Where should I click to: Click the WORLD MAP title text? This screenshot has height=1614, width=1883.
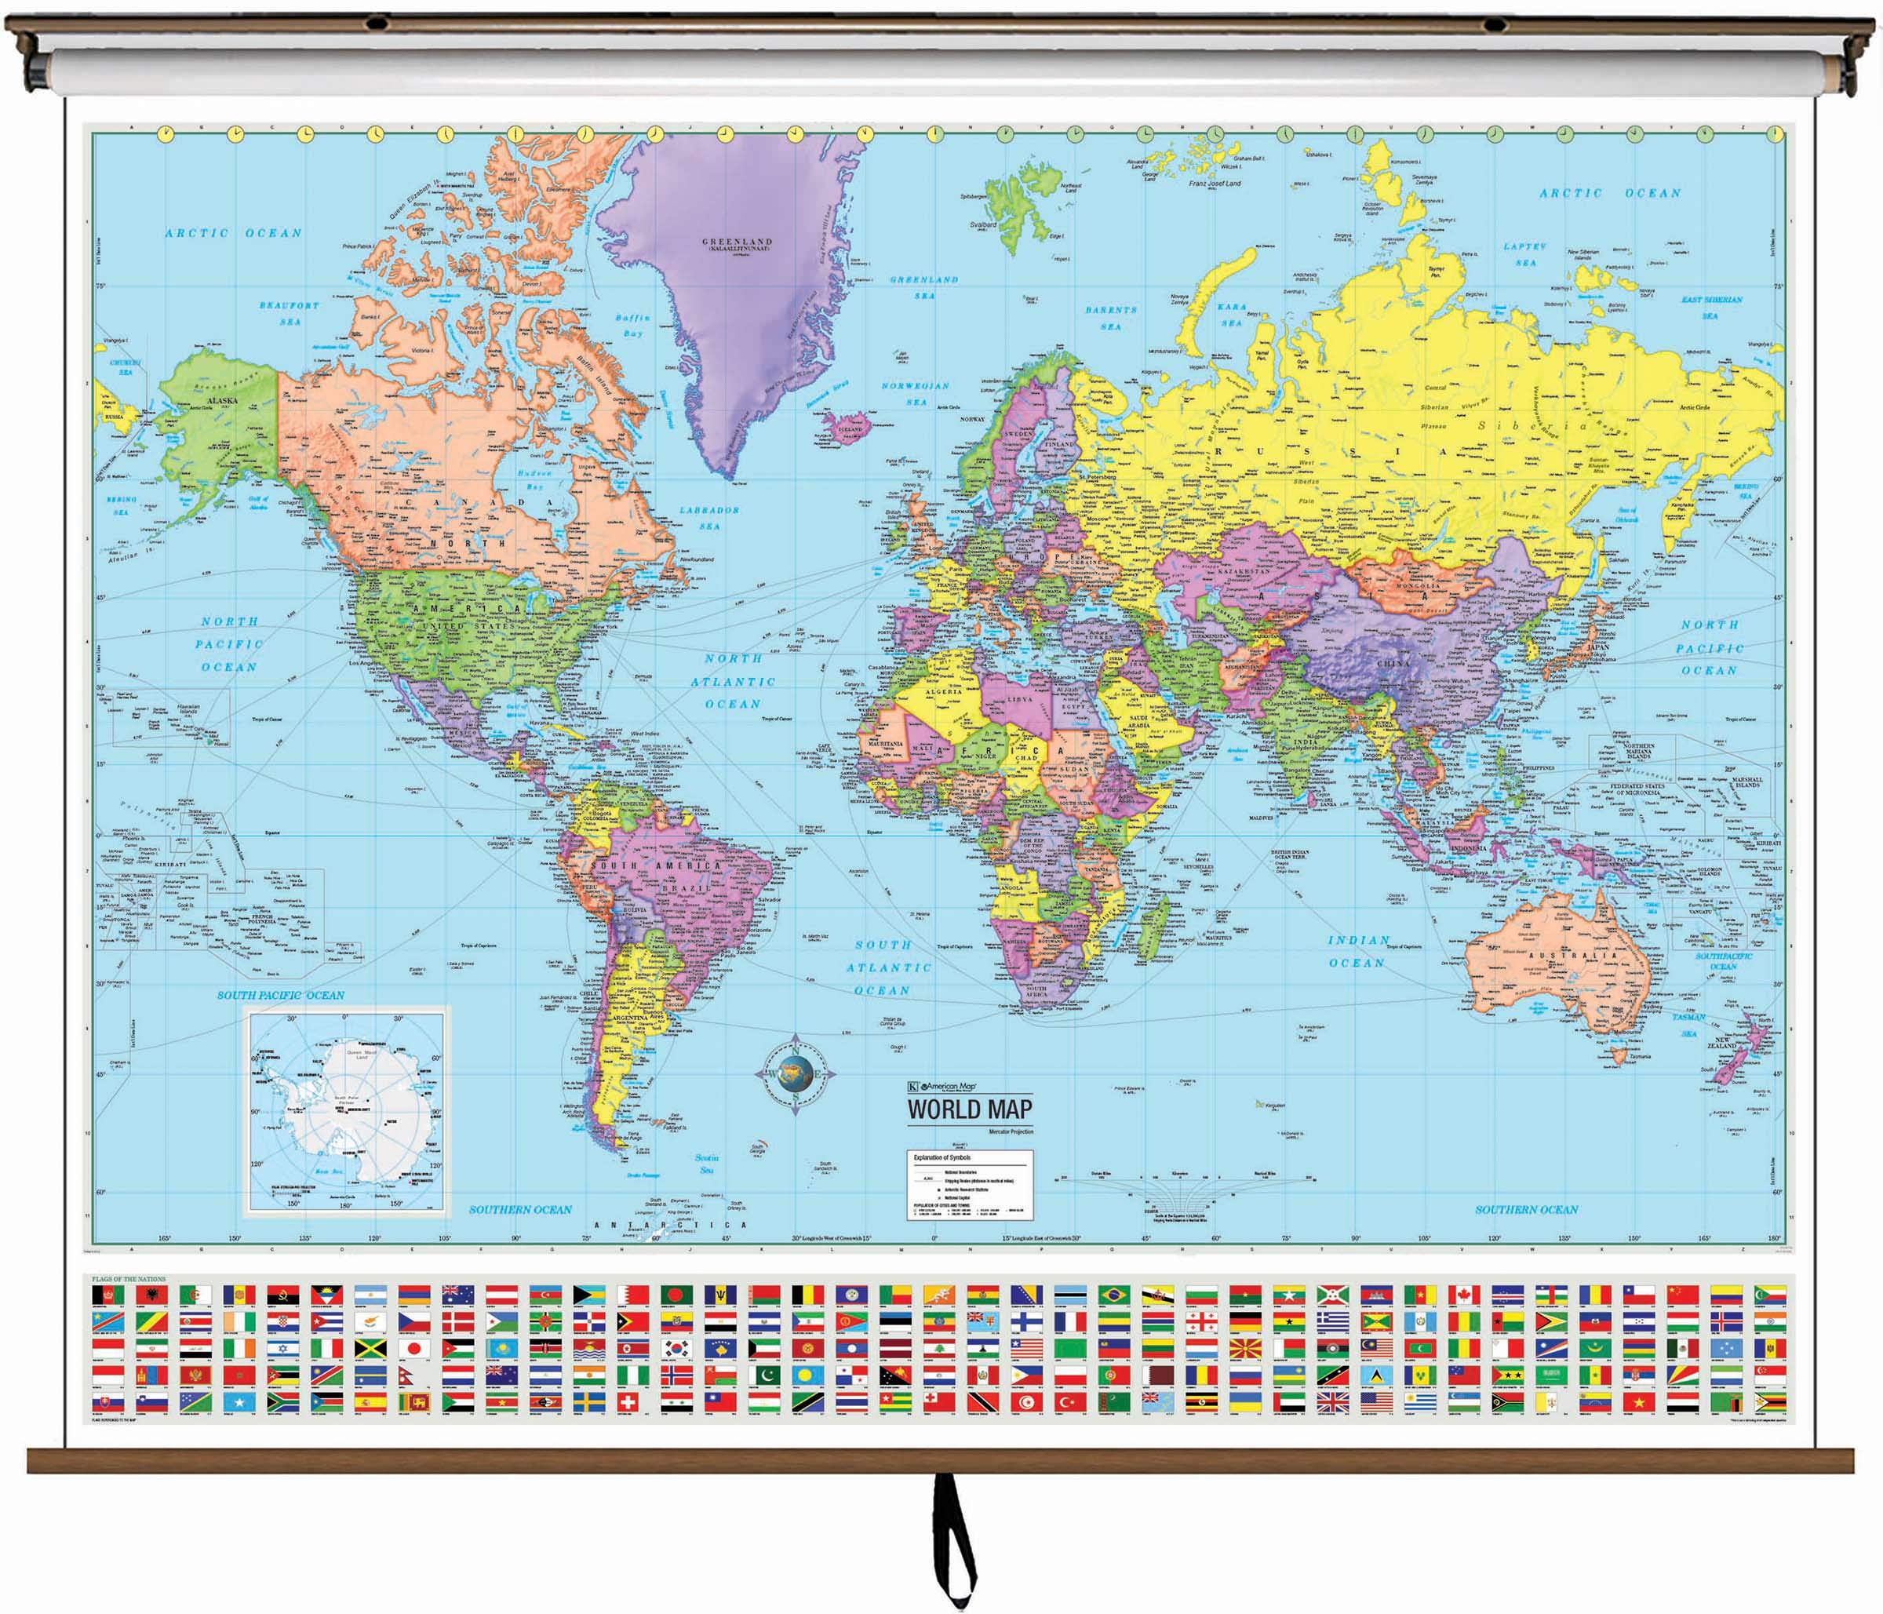tap(969, 1109)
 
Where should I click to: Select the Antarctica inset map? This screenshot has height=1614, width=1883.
tap(346, 1109)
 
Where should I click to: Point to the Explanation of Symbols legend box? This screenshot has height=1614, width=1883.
tap(970, 1185)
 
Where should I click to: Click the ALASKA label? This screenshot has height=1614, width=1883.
tap(222, 400)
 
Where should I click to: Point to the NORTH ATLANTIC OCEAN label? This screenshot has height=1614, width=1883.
tap(733, 681)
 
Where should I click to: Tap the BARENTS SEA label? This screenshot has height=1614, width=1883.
tap(1110, 317)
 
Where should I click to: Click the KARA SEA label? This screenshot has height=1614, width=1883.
tap(1233, 315)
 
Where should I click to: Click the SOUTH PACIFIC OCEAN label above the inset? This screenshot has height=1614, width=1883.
tap(280, 995)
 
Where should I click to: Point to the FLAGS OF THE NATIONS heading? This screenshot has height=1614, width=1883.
tap(128, 1279)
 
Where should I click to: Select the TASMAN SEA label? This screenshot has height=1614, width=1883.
tap(1688, 1024)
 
